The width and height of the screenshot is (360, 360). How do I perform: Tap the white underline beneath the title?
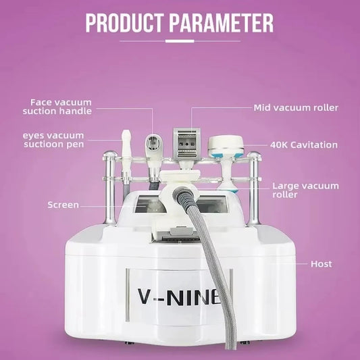[180, 41]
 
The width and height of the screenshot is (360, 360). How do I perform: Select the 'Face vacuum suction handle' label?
[57, 106]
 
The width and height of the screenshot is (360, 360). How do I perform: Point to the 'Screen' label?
[63, 205]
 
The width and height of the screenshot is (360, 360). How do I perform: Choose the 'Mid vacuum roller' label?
[296, 107]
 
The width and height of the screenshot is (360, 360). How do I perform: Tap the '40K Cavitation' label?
[304, 145]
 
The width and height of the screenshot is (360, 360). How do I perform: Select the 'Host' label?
[321, 263]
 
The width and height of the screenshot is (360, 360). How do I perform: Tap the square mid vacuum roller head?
[187, 143]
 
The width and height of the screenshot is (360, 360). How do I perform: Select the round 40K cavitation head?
[225, 145]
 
